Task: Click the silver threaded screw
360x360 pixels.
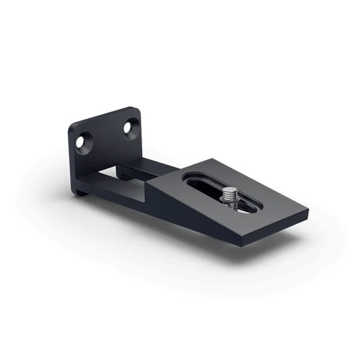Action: pos(230,197)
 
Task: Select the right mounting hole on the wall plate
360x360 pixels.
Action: pos(130,127)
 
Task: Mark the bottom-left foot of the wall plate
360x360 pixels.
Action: pos(80,192)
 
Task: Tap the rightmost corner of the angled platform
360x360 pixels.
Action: pos(307,211)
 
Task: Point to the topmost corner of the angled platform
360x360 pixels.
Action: pos(213,159)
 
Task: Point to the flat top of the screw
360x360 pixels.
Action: pos(230,191)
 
